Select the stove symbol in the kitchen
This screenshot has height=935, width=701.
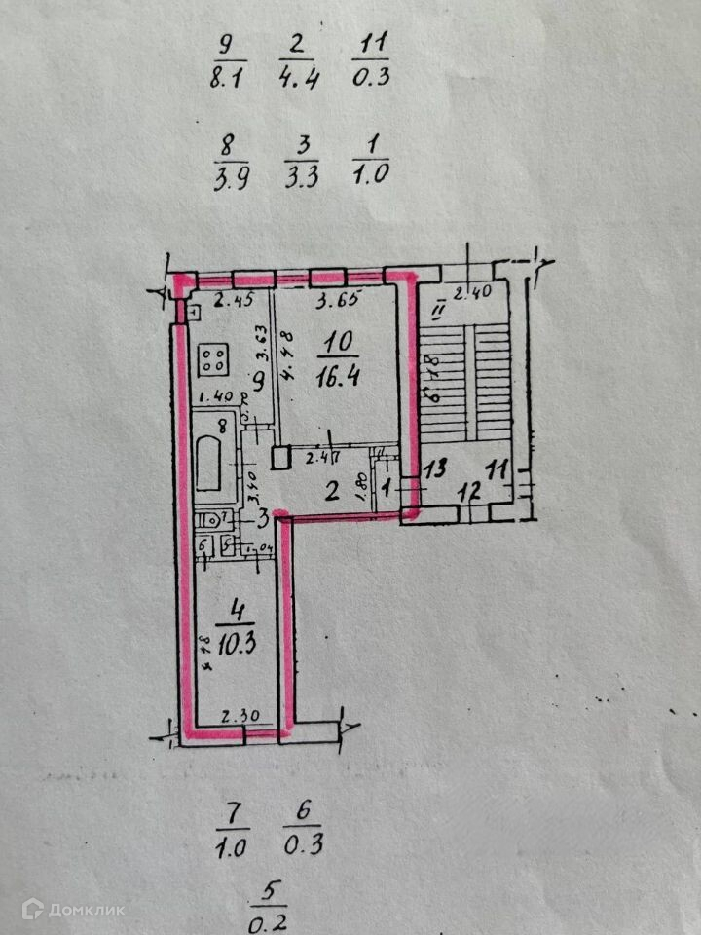click(x=214, y=359)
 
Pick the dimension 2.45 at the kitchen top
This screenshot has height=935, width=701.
click(x=234, y=300)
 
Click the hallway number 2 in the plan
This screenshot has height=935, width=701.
click(x=332, y=492)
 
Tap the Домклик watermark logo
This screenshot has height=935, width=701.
click(x=74, y=909)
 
